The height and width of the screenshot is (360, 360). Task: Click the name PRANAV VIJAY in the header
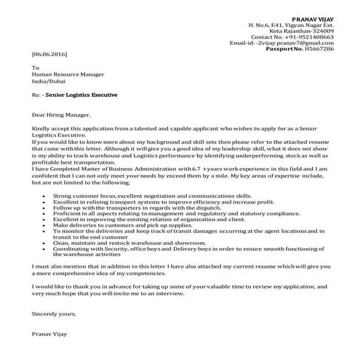pos(313,16)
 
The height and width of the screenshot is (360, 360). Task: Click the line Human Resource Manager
pos(67,74)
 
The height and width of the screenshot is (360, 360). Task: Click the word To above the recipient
pos(36,68)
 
